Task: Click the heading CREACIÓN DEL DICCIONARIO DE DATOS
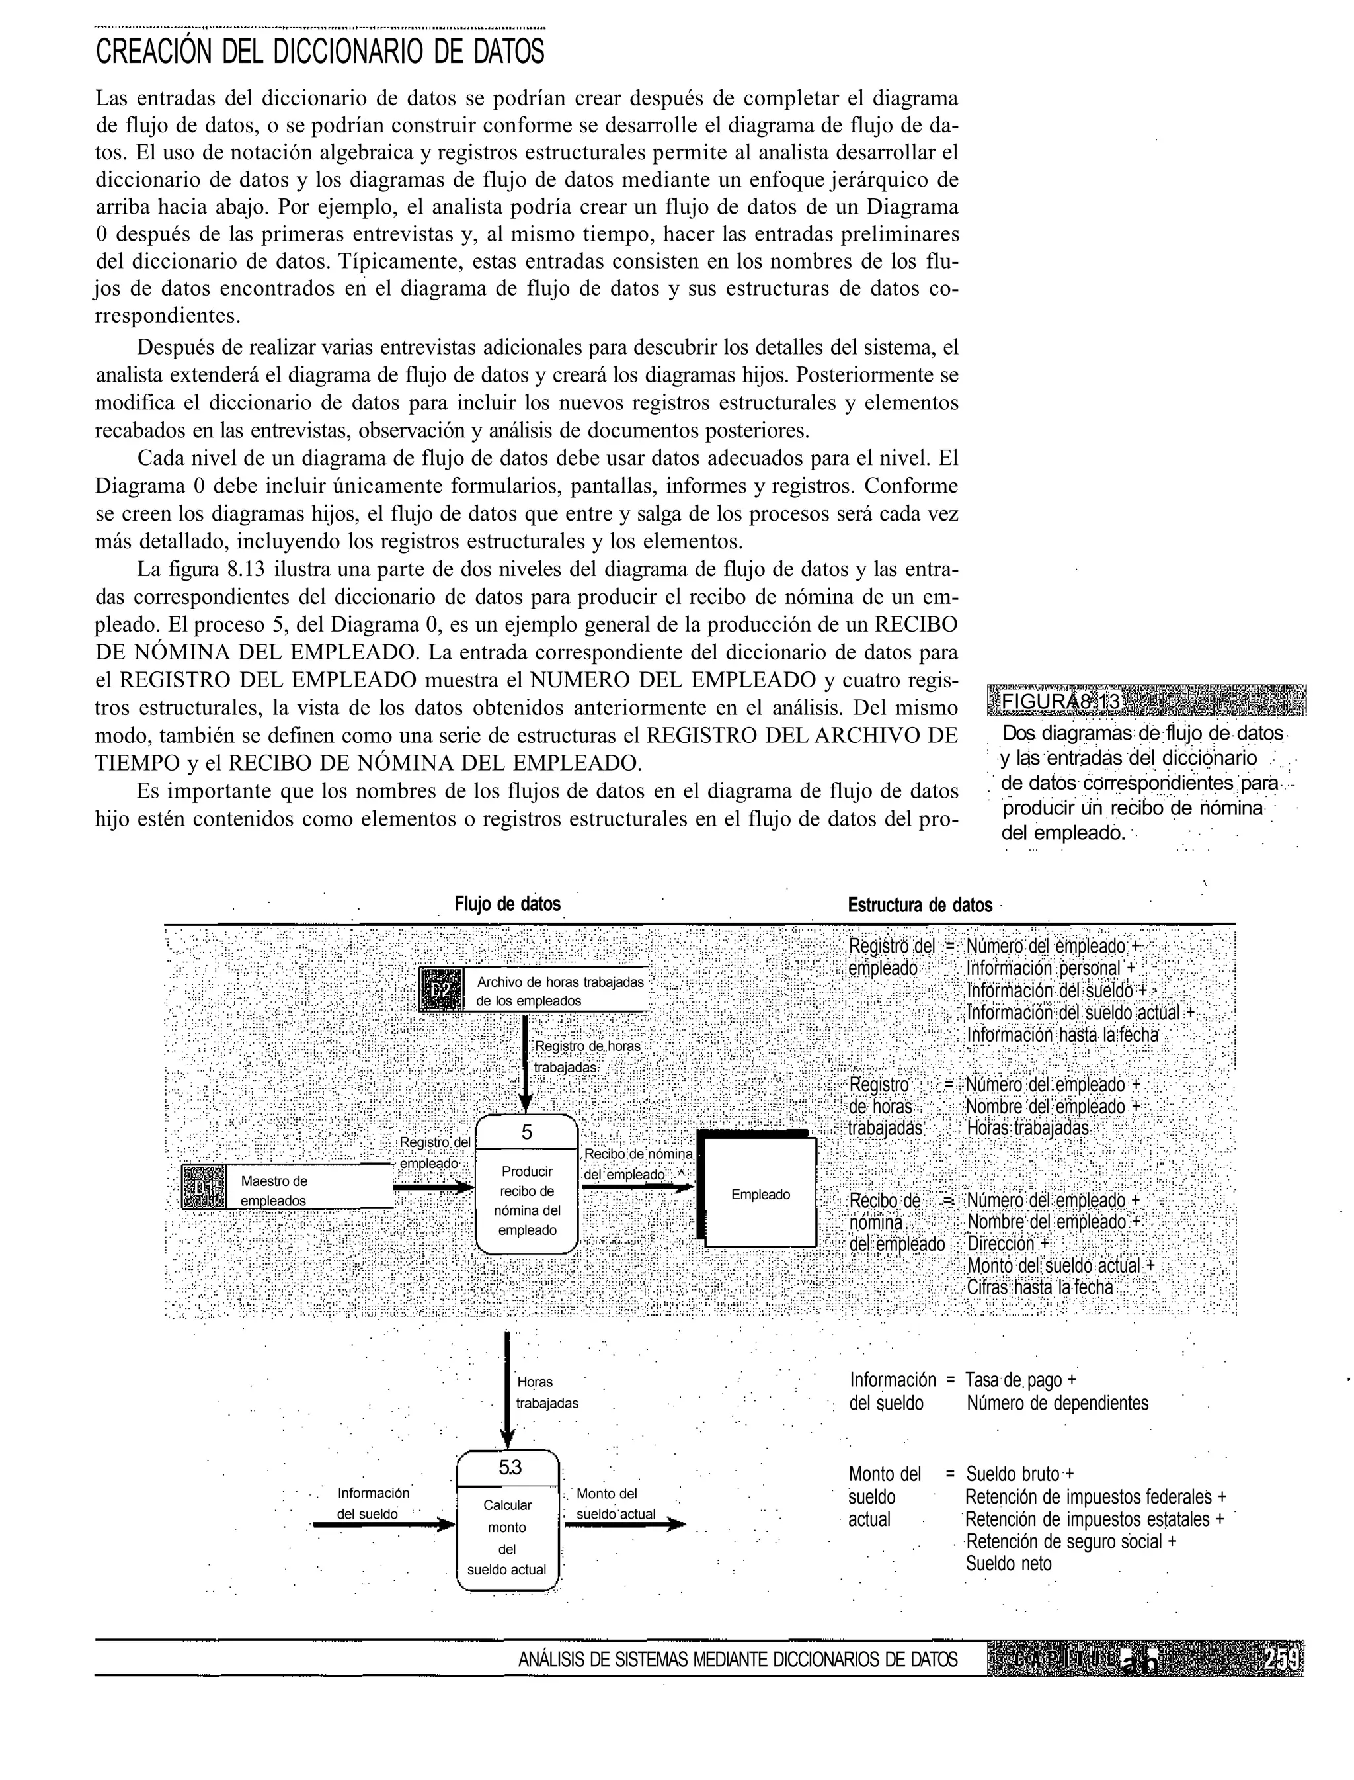click(319, 52)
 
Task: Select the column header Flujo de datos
click(507, 904)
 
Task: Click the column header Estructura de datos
click(920, 906)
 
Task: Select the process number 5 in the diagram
click(526, 1132)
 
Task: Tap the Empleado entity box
click(760, 1195)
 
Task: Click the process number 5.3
click(508, 1468)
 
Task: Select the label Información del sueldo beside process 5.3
click(372, 1504)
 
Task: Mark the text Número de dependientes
click(1056, 1403)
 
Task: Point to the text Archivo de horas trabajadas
click(560, 982)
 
